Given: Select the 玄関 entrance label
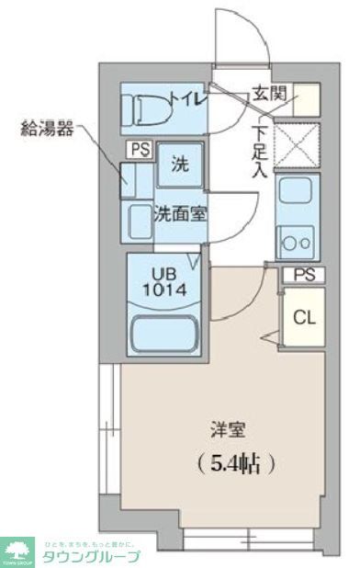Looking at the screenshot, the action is pyautogui.click(x=268, y=94).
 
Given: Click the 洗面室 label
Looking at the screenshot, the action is pyautogui.click(x=179, y=215).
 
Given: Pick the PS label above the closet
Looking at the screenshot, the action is pyautogui.click(x=303, y=275).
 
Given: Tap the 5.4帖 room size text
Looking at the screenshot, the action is pyautogui.click(x=235, y=462).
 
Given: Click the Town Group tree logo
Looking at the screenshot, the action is pyautogui.click(x=17, y=551).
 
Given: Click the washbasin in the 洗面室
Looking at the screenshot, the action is pyautogui.click(x=141, y=221).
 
